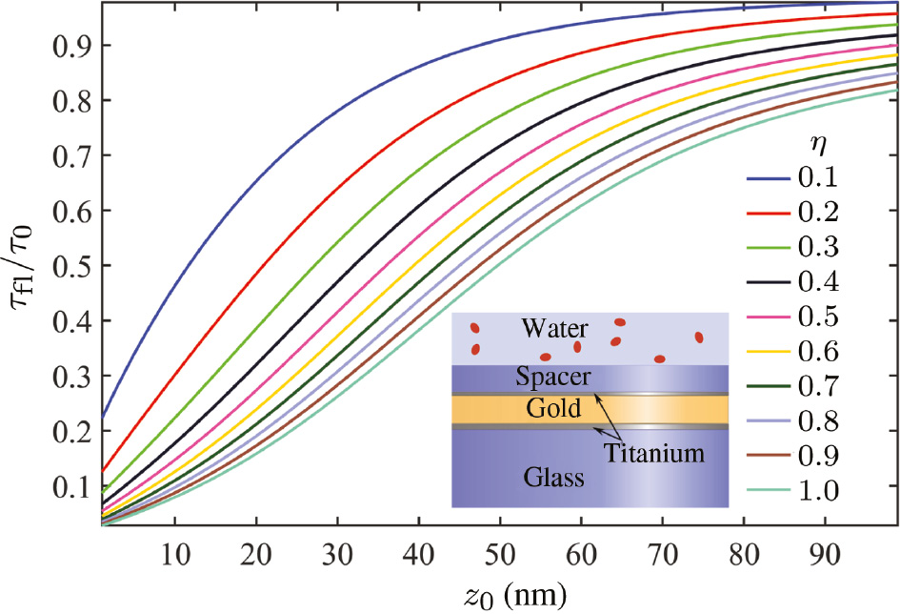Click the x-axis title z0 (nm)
coord(499,595)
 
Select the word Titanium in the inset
coord(655,453)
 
